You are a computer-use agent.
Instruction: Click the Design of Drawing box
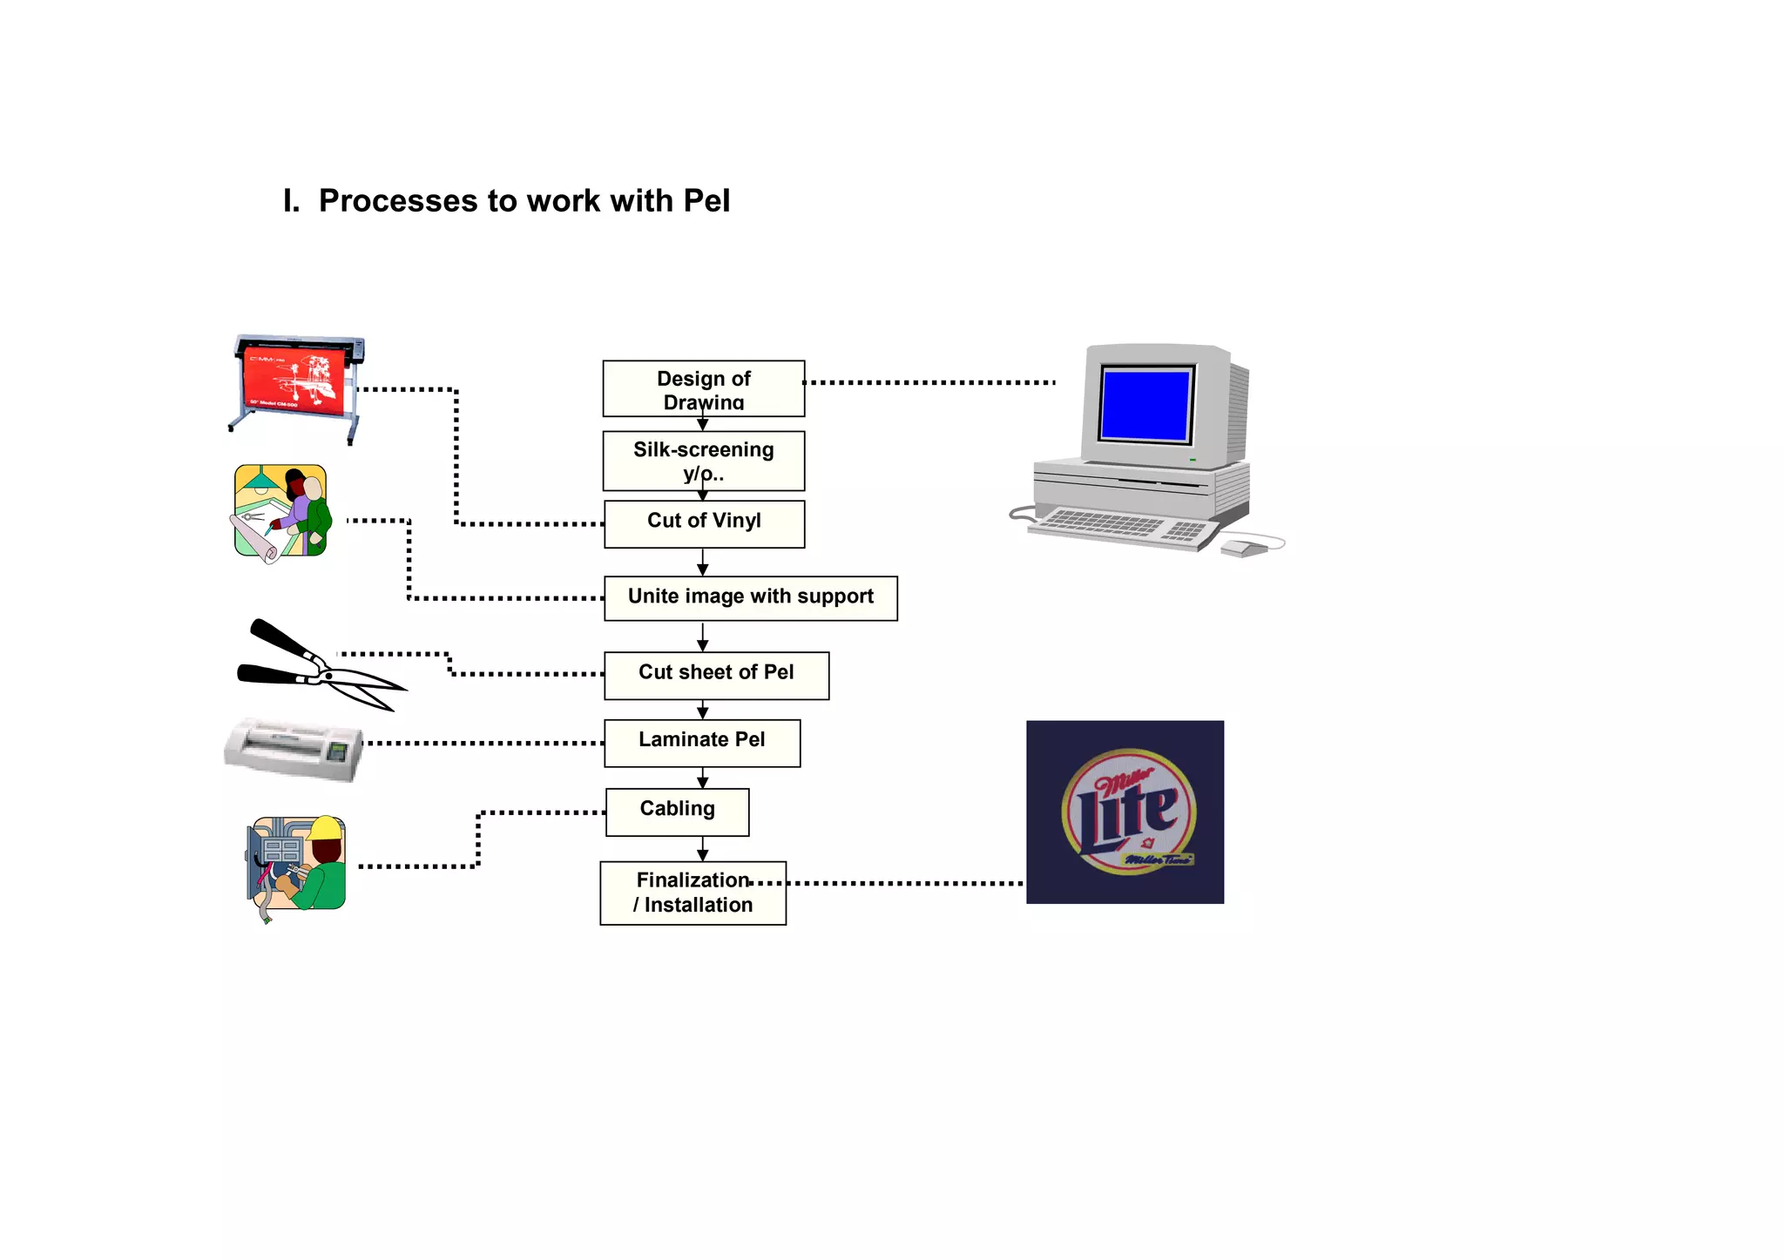tap(703, 388)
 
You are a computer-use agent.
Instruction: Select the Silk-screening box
tap(703, 461)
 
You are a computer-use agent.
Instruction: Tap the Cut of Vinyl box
tap(704, 523)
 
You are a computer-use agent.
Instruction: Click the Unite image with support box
tap(750, 598)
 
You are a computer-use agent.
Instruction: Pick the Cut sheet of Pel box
tap(716, 675)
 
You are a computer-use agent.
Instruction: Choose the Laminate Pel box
tap(702, 743)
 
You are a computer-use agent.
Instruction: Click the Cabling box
tap(677, 812)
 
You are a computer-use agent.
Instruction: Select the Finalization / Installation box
tap(693, 893)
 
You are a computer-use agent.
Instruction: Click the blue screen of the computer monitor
tap(1145, 405)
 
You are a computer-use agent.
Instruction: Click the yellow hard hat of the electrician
tap(326, 827)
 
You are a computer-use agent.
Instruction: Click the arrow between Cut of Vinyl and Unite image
tap(703, 563)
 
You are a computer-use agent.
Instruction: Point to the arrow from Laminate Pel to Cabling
tap(703, 778)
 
